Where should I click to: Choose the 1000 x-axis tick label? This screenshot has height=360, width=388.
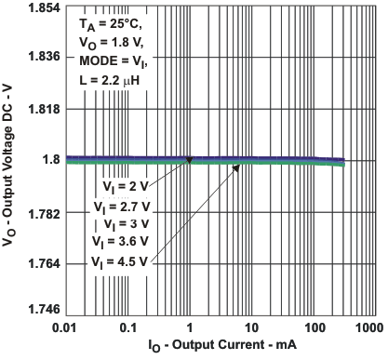369,328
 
